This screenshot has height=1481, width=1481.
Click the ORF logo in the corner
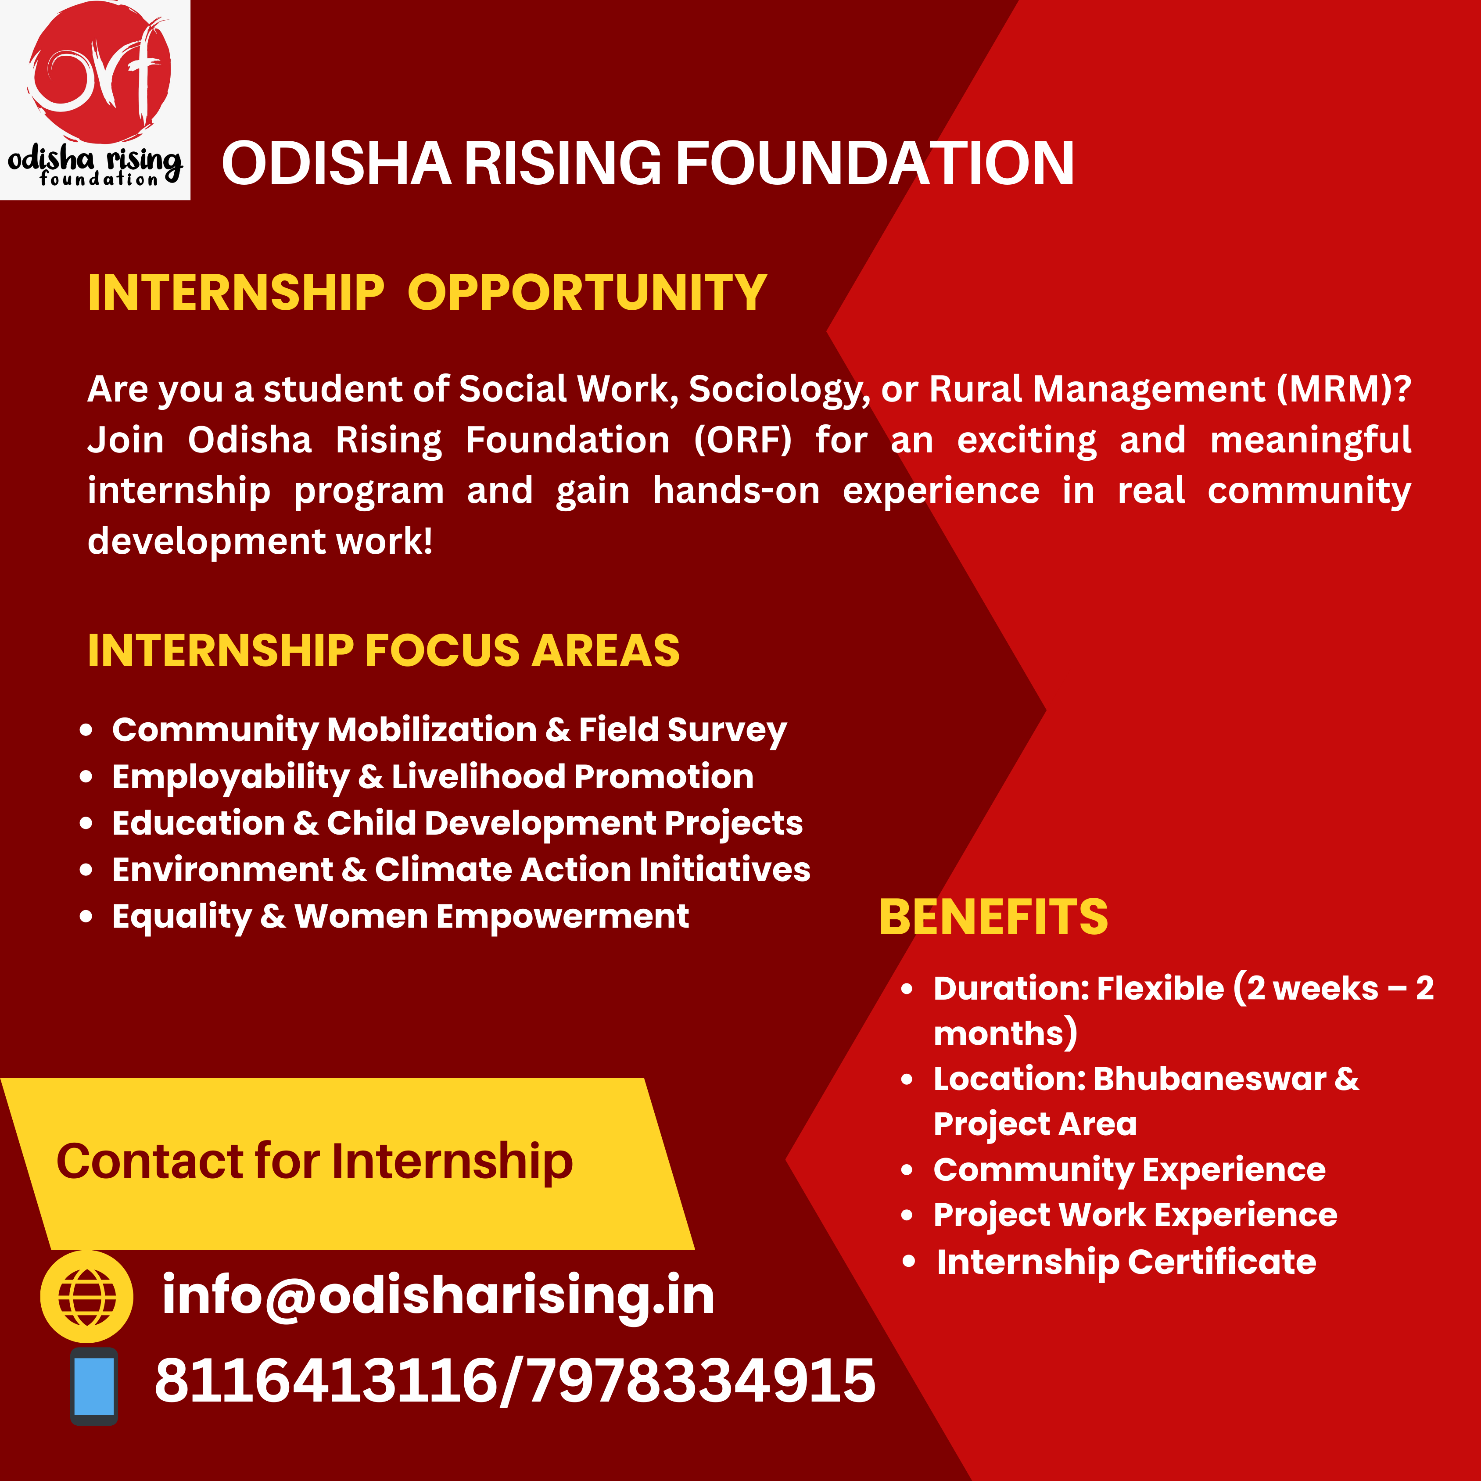(x=95, y=100)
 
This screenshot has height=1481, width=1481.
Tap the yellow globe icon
(x=86, y=1297)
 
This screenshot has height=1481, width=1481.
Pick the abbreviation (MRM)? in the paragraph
(x=1344, y=389)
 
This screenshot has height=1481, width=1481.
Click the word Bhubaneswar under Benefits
(x=1210, y=1079)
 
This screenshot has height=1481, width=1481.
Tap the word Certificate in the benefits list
(x=1222, y=1262)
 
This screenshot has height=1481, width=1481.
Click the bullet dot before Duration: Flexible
(x=907, y=989)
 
